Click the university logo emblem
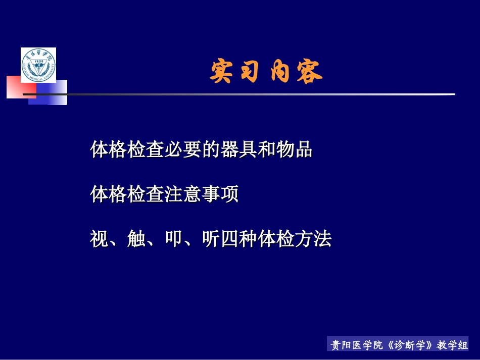coord(38,65)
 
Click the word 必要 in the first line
coord(183,149)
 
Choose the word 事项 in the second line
coord(220,194)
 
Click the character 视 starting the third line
coord(100,239)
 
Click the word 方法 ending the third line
coord(313,239)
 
